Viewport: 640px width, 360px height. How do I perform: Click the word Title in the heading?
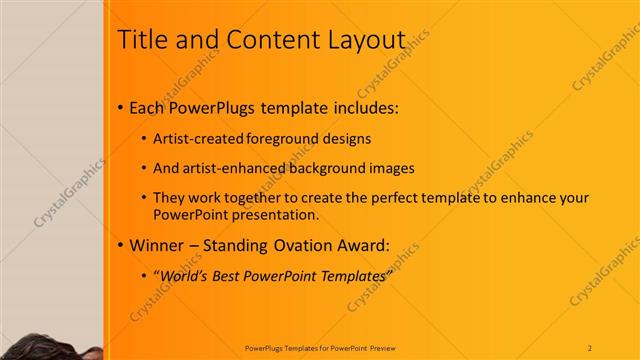click(x=143, y=40)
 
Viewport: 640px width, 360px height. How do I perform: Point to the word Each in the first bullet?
click(x=147, y=106)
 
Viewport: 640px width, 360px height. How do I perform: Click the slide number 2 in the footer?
click(x=590, y=347)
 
